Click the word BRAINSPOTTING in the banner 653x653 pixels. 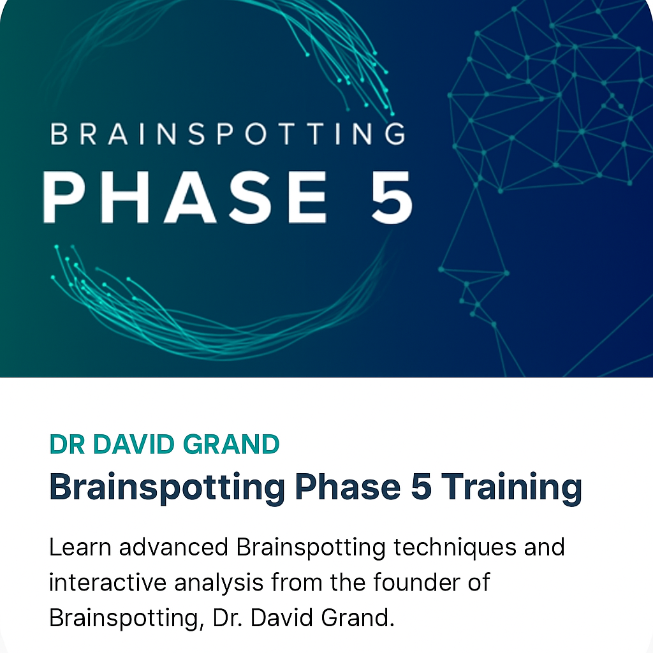pos(228,134)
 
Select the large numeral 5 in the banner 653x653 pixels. pos(392,198)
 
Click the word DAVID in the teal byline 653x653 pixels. pos(134,444)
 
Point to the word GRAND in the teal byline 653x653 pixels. pos(231,444)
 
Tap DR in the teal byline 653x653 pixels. pos(67,444)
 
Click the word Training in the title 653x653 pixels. pos(511,487)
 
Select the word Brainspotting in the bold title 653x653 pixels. pos(167,487)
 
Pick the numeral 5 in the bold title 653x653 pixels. pos(421,487)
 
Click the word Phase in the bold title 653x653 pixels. pos(348,487)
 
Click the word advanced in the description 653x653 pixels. pos(173,547)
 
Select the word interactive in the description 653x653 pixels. pos(107,582)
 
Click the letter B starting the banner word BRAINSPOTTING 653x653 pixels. pos(59,134)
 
